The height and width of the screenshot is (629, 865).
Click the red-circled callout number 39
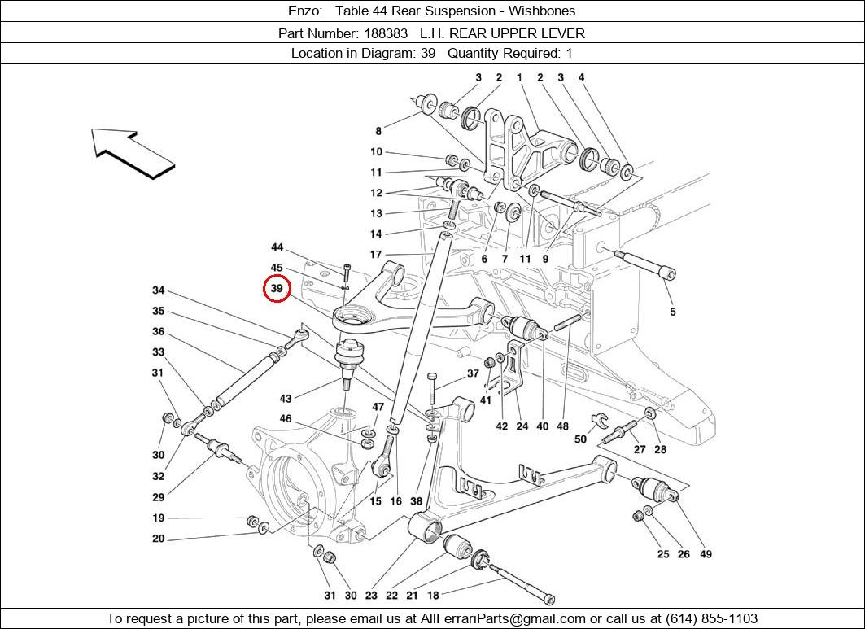(277, 288)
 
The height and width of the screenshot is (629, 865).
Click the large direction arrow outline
(133, 152)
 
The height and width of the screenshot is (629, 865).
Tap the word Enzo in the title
(306, 11)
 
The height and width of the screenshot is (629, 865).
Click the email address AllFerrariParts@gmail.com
(502, 618)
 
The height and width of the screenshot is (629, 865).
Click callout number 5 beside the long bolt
(673, 312)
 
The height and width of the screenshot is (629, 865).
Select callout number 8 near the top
(378, 131)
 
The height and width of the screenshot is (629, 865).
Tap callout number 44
(277, 247)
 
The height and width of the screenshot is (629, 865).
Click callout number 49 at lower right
(706, 554)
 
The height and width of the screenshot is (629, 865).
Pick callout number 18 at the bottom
(433, 596)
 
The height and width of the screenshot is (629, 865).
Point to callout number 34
(159, 290)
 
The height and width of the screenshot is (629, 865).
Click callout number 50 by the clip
(580, 439)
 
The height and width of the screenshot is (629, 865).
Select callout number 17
(376, 255)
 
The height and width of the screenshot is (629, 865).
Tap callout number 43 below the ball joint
(286, 399)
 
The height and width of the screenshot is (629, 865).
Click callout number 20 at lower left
(158, 539)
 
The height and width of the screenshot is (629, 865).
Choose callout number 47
(378, 407)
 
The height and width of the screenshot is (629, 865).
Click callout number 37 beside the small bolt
(473, 374)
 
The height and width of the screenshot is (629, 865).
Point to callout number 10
(376, 151)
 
